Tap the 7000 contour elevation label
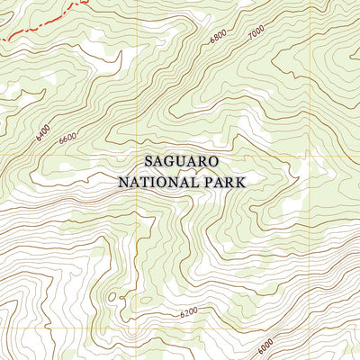click(256, 33)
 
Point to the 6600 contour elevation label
click(67, 139)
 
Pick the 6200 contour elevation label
click(188, 312)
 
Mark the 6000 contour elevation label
click(264, 346)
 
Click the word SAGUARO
click(181, 162)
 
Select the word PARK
click(224, 181)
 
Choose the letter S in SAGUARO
click(148, 162)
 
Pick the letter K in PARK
click(241, 181)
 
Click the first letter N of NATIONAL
click(123, 181)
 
